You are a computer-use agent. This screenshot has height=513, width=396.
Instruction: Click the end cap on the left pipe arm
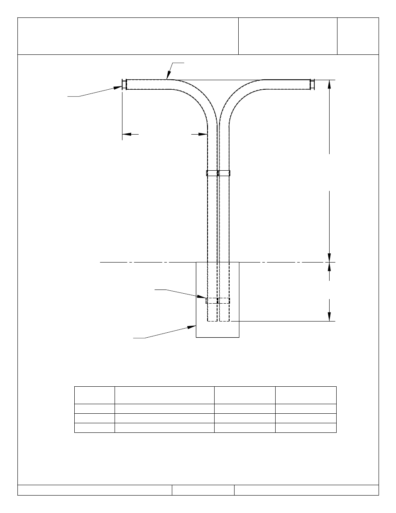click(124, 84)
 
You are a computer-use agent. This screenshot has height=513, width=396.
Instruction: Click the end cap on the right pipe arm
click(313, 84)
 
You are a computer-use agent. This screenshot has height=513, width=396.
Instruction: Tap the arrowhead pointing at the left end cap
click(118, 87)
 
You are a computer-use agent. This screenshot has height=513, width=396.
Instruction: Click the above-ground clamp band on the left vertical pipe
click(212, 173)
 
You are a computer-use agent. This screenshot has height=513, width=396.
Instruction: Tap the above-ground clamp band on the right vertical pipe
click(225, 173)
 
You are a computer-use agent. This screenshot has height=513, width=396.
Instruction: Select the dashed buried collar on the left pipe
click(212, 301)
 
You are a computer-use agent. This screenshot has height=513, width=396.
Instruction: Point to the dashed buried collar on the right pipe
click(224, 301)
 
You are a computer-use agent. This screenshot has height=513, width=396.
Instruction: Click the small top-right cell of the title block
click(358, 36)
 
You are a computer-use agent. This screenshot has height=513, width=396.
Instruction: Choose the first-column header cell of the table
click(94, 395)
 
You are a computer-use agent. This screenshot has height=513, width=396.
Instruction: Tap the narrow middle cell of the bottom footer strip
click(203, 490)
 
